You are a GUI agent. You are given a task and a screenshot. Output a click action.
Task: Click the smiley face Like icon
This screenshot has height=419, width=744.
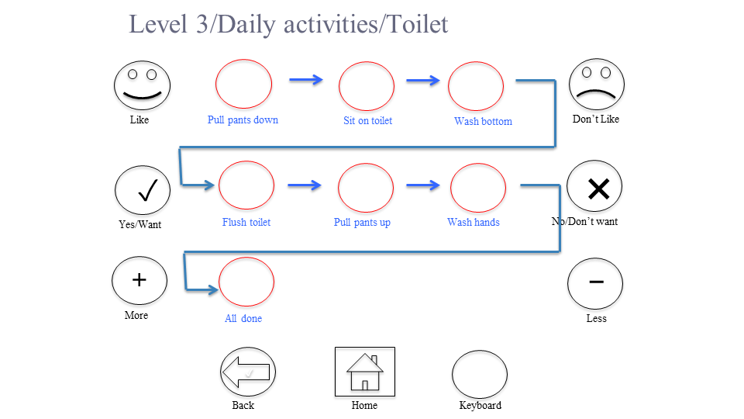(142, 85)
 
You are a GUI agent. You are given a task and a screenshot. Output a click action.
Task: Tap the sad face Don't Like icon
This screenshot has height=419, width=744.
(597, 85)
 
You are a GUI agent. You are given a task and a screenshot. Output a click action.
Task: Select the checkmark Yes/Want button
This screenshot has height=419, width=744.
(143, 191)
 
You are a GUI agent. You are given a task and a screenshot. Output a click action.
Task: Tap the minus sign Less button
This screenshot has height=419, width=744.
(595, 282)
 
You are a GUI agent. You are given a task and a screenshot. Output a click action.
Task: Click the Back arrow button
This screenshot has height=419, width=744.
(248, 373)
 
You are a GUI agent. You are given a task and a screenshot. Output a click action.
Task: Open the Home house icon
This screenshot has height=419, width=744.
(364, 372)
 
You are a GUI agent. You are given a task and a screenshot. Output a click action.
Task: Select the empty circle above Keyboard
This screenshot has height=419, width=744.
(480, 374)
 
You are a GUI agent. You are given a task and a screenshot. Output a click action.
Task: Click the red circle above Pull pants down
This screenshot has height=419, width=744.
(243, 84)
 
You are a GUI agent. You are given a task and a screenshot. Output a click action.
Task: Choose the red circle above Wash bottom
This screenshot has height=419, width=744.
(476, 85)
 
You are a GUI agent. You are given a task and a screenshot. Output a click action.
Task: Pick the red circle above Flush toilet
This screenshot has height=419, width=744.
(246, 185)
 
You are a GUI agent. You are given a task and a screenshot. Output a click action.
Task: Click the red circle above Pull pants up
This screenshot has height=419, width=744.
(366, 187)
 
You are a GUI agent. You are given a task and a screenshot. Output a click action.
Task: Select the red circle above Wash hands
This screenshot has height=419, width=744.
(477, 187)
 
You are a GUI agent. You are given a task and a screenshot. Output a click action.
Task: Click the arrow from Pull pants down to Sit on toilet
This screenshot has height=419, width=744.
(305, 79)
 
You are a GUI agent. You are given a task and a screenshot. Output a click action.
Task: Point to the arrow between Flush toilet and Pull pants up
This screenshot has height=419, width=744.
(305, 185)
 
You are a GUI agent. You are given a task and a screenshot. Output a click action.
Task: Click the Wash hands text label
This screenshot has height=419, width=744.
(474, 223)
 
